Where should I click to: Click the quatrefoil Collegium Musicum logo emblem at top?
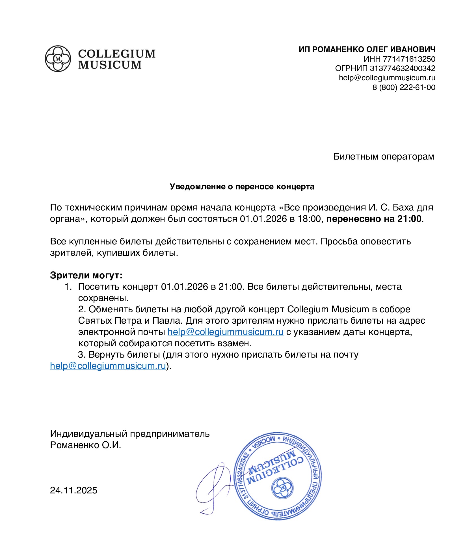(x=58, y=59)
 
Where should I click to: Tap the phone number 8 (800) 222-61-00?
(x=404, y=87)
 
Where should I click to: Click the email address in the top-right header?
(x=387, y=78)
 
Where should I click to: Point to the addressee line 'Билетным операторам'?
(x=383, y=156)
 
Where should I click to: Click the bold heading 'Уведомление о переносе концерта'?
(x=242, y=187)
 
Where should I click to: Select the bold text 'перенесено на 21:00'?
(x=374, y=219)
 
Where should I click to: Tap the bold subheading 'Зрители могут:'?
(x=86, y=275)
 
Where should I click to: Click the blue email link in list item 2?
(x=225, y=332)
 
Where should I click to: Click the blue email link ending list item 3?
(x=108, y=366)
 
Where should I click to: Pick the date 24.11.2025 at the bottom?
(x=73, y=490)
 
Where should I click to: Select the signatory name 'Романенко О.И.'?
(x=85, y=445)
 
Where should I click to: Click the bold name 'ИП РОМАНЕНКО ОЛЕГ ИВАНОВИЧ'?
(x=367, y=50)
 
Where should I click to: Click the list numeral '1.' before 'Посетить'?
(x=68, y=287)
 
